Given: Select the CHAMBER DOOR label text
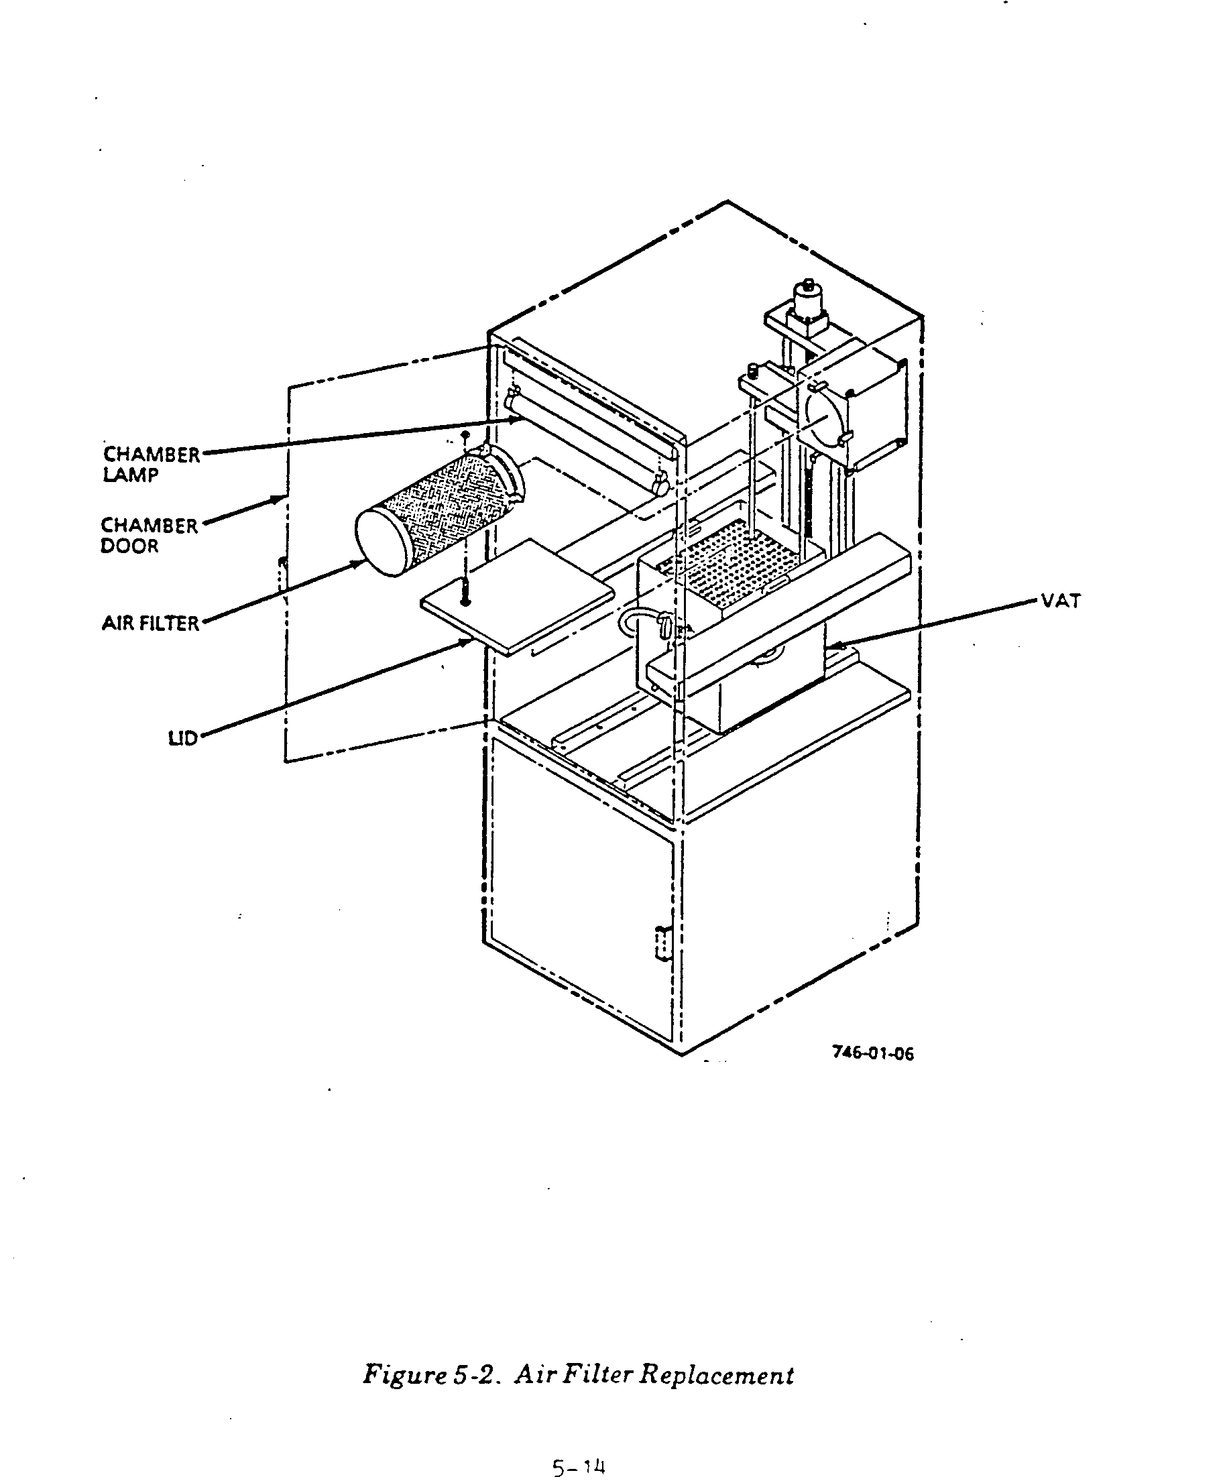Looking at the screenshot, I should click(149, 536).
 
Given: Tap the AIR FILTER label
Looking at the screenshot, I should click(150, 624).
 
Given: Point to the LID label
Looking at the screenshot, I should click(182, 738).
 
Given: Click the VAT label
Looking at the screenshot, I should click(1060, 601).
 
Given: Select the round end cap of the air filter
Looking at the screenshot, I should click(384, 543).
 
